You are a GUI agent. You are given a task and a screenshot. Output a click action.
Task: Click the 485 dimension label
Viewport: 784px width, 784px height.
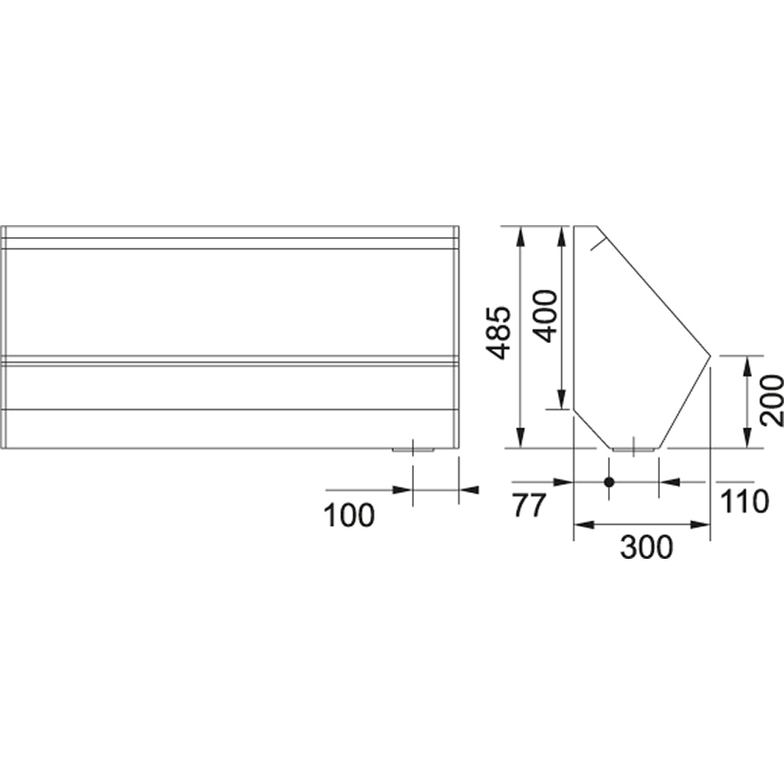[x=499, y=333]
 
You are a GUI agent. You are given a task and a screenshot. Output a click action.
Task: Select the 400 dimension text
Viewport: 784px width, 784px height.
[x=544, y=316]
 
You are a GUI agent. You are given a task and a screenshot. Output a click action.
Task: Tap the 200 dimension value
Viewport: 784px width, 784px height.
[x=771, y=400]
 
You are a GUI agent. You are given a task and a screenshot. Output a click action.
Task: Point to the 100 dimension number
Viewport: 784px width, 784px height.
[x=349, y=515]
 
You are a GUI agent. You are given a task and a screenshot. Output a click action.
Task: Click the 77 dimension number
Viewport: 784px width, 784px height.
[x=528, y=505]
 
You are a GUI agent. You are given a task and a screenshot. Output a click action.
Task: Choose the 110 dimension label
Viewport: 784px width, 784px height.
[x=744, y=501]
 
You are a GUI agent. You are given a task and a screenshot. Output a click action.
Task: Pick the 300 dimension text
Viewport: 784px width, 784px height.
[x=646, y=547]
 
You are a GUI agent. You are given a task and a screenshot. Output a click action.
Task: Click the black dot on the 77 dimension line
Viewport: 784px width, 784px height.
[x=608, y=482]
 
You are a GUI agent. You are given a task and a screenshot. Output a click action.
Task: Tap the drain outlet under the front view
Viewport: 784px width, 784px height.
[x=413, y=450]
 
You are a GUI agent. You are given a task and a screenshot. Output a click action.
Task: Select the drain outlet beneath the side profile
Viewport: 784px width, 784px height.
[x=634, y=450]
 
